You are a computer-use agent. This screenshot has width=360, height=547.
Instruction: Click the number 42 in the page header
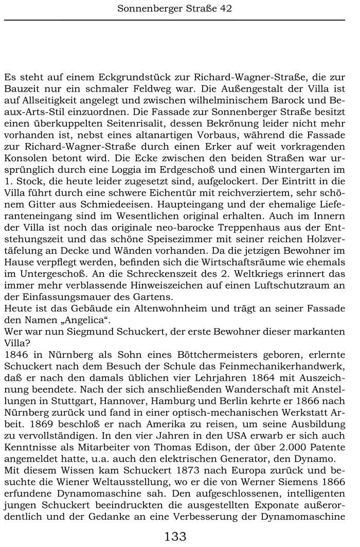226,8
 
